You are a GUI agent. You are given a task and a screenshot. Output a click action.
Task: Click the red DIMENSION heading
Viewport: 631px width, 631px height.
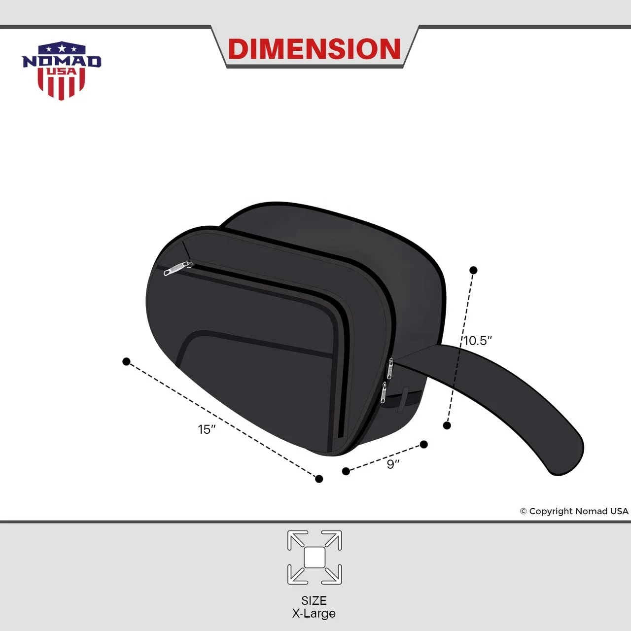tap(315, 49)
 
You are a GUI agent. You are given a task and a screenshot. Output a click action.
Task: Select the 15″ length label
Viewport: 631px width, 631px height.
tap(207, 429)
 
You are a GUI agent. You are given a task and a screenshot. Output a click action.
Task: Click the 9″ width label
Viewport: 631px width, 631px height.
tap(393, 464)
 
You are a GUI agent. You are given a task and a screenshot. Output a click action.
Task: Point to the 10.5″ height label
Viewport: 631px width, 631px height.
tap(478, 341)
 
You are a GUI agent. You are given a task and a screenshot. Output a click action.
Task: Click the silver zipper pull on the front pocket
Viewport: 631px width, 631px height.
tap(175, 269)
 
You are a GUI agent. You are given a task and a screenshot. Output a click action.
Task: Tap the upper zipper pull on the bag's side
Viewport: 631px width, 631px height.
tap(390, 368)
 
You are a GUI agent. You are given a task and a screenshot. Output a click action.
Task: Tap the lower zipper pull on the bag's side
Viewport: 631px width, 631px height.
tap(383, 392)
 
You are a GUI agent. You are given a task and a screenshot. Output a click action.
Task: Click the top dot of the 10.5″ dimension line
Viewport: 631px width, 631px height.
tap(473, 270)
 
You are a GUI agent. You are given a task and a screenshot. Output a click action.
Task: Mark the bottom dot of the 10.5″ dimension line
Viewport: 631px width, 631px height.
tap(447, 425)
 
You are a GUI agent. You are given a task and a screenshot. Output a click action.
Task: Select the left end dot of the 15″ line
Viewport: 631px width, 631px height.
tap(126, 362)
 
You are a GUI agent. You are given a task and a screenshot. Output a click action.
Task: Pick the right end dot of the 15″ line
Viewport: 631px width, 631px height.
tap(319, 479)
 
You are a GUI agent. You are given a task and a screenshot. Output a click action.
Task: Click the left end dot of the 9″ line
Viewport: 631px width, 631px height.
tap(346, 471)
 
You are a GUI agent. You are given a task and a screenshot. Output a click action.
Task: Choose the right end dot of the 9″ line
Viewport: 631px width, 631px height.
tap(424, 445)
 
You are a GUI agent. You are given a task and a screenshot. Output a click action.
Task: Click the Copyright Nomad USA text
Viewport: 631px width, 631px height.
tap(574, 511)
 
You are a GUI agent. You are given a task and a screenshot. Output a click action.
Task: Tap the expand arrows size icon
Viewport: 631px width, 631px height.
tap(315, 558)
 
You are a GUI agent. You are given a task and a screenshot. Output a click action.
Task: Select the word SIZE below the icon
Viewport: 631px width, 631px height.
tap(314, 600)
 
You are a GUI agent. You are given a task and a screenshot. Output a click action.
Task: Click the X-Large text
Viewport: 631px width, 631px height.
tap(314, 614)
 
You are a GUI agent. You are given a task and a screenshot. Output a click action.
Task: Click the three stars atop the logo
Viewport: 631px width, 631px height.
tap(62, 49)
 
